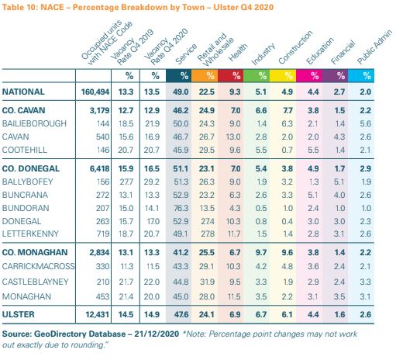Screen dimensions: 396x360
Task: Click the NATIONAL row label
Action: click(23, 92)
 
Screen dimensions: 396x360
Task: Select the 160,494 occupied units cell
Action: click(95, 92)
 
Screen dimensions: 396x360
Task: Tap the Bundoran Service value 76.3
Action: click(181, 208)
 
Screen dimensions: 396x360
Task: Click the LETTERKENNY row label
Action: click(30, 234)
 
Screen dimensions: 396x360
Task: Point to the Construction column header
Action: click(295, 47)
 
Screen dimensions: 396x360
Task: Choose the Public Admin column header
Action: click(374, 47)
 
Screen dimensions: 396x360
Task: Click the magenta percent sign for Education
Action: click(315, 76)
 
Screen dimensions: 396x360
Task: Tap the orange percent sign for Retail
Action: click(210, 76)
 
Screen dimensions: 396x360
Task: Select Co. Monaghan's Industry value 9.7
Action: click(261, 252)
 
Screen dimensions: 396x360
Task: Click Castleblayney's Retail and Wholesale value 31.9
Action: click(207, 282)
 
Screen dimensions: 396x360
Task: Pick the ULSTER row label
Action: click(19, 314)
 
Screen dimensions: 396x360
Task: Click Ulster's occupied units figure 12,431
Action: click(97, 314)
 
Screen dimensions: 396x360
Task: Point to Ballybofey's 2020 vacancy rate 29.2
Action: click(152, 182)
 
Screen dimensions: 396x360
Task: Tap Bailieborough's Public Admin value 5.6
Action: click(366, 123)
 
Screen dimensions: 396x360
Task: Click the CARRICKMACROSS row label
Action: click(38, 266)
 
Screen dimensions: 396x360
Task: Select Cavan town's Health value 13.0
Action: click(233, 137)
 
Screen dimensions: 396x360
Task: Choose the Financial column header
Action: click(343, 52)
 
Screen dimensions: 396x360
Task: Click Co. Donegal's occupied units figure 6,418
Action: click(99, 168)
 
